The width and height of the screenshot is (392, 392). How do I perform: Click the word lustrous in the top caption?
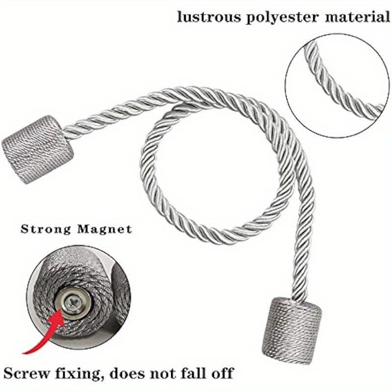209,17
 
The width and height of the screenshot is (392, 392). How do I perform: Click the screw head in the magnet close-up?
71,303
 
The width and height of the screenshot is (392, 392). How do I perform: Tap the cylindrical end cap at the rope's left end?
38,149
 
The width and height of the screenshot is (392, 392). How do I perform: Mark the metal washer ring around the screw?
71,303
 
